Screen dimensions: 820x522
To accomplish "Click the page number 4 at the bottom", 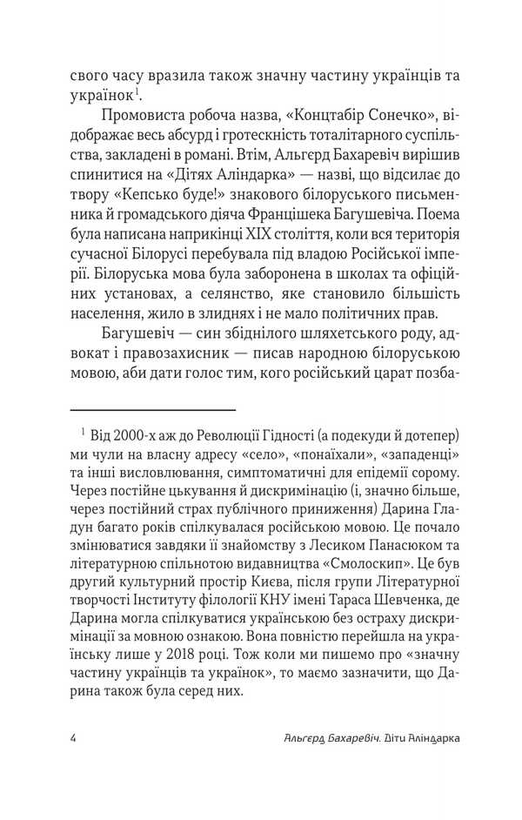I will (72, 736).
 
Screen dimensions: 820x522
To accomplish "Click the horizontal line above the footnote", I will (152, 409).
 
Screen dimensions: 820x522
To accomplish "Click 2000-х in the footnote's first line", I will (151, 434).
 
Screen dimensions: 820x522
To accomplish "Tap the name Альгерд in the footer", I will (300, 736).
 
